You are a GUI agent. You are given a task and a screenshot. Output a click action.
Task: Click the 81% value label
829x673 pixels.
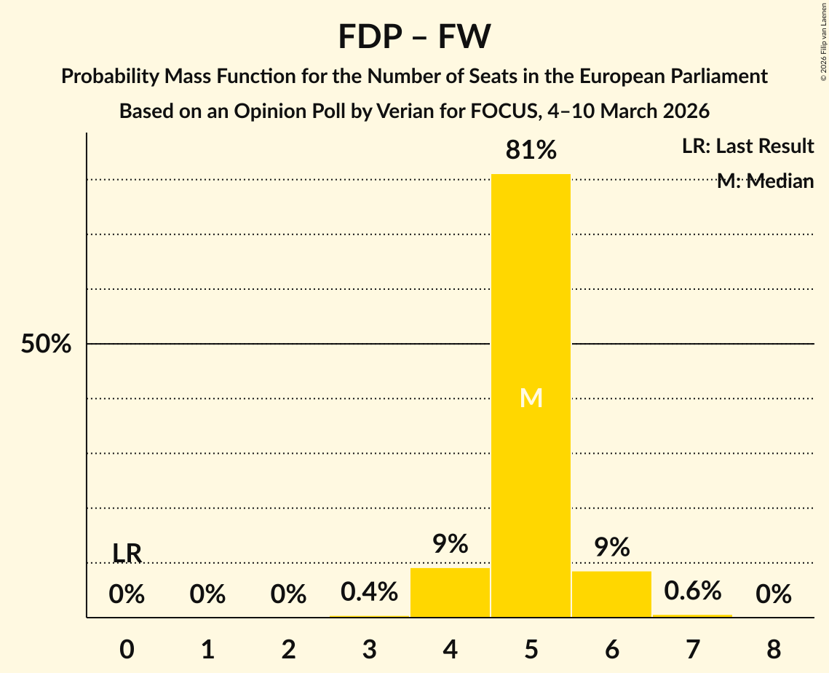(x=531, y=151)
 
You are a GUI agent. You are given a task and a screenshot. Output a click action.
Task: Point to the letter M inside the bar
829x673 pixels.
(x=531, y=398)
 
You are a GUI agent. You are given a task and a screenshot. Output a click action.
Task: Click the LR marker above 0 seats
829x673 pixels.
(x=127, y=554)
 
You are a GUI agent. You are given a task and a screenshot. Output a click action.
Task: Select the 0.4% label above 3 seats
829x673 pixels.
(x=369, y=591)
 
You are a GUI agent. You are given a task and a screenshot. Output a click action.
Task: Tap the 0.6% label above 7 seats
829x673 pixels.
(x=692, y=591)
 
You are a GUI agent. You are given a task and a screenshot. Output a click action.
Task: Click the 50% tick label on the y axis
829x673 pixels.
(x=46, y=344)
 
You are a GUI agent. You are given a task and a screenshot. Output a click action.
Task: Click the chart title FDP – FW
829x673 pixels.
(x=414, y=36)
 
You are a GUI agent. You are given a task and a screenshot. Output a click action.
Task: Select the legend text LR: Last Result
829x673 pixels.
(x=747, y=146)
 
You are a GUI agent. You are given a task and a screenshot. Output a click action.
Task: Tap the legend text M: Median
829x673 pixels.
(x=765, y=181)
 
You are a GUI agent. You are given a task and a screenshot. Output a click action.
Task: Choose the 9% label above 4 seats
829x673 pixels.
(x=450, y=544)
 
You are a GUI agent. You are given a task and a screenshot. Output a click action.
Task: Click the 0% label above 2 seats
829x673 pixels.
(x=288, y=594)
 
